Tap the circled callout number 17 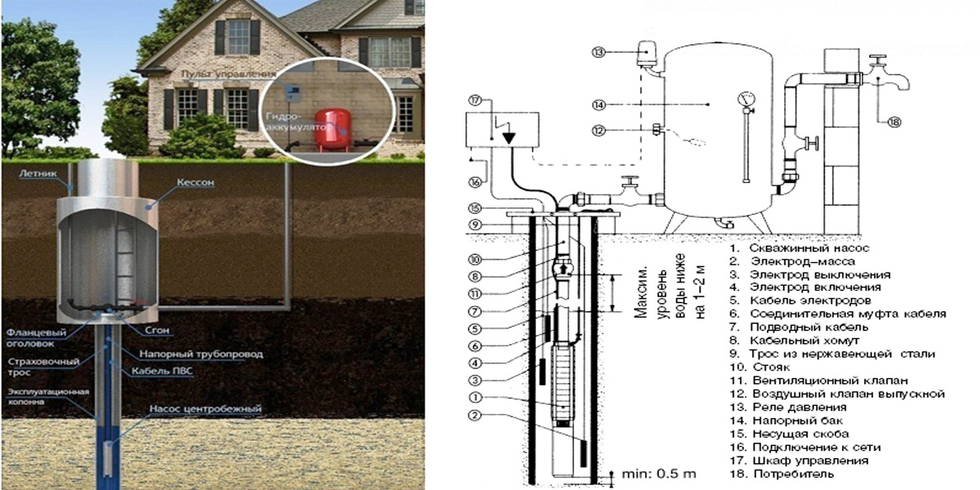point(476,101)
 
